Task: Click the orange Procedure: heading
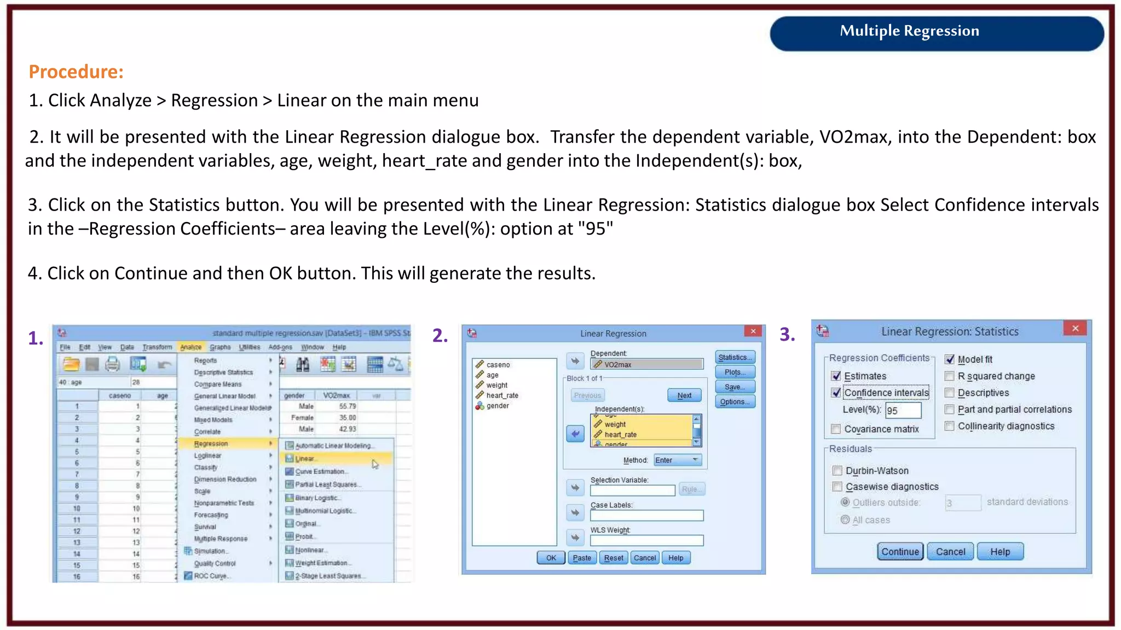pos(76,72)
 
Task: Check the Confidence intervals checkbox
pos(836,393)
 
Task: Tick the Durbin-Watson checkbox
pos(837,471)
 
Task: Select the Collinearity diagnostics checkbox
pos(950,426)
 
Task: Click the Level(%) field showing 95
pos(903,410)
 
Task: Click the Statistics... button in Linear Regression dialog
pos(735,357)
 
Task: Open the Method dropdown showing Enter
pos(678,460)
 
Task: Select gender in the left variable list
pos(497,406)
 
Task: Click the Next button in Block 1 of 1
pos(684,395)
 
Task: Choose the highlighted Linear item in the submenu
pos(305,459)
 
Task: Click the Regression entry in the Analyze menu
pos(211,444)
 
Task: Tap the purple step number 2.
pos(440,335)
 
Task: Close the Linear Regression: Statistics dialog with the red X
pos(1075,328)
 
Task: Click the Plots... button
pos(735,372)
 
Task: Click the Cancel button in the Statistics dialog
pos(950,552)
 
